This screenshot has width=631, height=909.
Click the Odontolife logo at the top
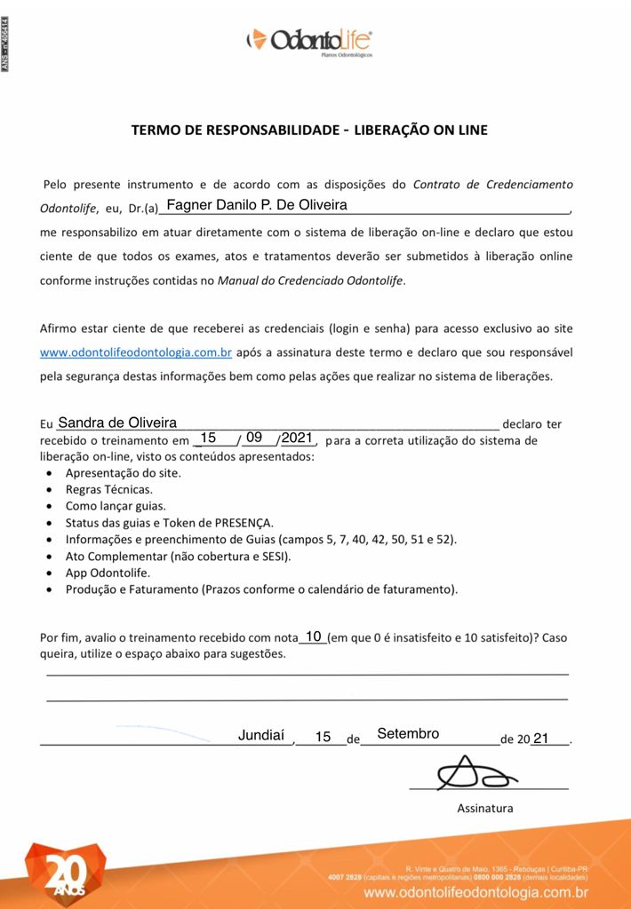coord(309,41)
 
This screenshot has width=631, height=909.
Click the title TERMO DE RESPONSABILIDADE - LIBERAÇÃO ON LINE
coord(309,130)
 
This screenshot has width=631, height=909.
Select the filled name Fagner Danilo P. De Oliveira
coord(257,205)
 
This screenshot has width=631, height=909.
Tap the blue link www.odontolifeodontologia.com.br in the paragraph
coord(136,352)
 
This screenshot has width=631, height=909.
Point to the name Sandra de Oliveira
coord(116,423)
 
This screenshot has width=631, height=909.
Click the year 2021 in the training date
coord(297,438)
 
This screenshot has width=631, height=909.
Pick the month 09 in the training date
coord(254,438)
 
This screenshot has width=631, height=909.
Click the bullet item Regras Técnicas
coord(108,489)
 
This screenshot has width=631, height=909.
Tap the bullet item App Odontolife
coord(108,573)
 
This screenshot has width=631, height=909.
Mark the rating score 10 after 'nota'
coord(313,636)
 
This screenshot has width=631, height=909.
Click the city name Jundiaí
coord(261,735)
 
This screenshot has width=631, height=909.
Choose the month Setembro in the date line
coord(408,734)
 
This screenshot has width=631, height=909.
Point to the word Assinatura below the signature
coord(484,809)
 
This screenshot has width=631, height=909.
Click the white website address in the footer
coord(476,892)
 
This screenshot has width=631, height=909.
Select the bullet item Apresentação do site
coord(123,473)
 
